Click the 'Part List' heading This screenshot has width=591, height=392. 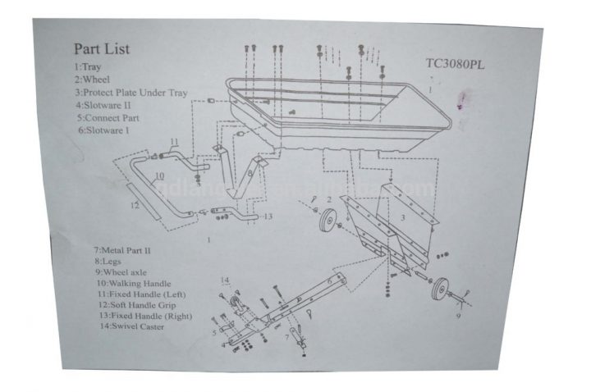coord(102,49)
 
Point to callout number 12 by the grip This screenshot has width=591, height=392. coord(135,205)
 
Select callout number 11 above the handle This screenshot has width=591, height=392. coord(173,143)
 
